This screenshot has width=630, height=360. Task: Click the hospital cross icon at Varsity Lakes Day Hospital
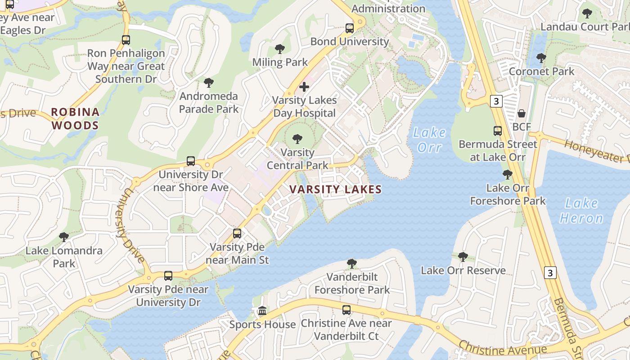coord(304,86)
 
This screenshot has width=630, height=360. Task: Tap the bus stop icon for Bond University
coord(350,28)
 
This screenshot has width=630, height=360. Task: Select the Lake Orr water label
coord(429,139)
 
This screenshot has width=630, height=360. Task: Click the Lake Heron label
coord(581,211)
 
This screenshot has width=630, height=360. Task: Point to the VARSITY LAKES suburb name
coord(336,189)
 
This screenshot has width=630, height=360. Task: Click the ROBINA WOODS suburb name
coord(75,118)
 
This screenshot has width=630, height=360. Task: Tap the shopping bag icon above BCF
coord(522,113)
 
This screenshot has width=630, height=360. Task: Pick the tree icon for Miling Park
coord(279,49)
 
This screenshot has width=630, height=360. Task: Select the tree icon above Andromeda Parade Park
coord(208,83)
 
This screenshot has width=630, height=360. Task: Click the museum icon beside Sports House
coord(262,311)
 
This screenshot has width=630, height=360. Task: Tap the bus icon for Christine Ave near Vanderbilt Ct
coord(346,310)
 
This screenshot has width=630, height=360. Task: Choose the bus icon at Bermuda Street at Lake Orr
coord(497,131)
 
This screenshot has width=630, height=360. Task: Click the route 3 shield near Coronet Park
coord(496,101)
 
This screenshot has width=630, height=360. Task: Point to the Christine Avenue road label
coord(503,347)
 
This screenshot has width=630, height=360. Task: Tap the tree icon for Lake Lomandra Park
coord(63,237)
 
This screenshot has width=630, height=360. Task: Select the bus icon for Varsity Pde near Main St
coord(237,234)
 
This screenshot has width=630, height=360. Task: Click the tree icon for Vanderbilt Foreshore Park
coord(352,263)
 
